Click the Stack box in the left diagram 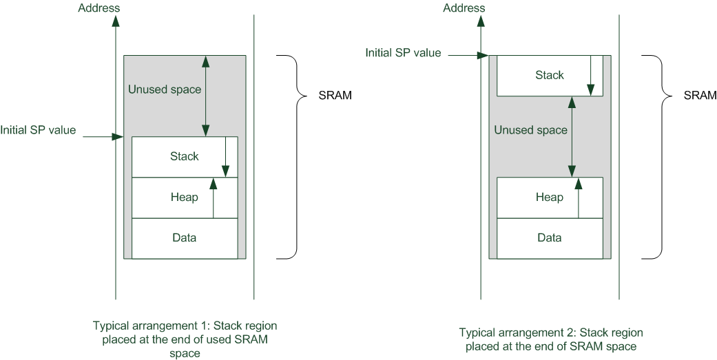click(184, 156)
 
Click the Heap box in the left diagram click(184, 198)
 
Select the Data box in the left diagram click(184, 238)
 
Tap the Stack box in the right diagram click(549, 75)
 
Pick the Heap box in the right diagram click(549, 198)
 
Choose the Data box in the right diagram click(549, 238)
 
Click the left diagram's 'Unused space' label click(165, 89)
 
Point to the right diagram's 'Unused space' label click(530, 130)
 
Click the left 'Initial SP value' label click(38, 130)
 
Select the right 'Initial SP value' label click(403, 52)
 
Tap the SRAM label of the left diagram click(335, 96)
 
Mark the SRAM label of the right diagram click(700, 96)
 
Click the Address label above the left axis click(99, 8)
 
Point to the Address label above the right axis click(464, 8)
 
